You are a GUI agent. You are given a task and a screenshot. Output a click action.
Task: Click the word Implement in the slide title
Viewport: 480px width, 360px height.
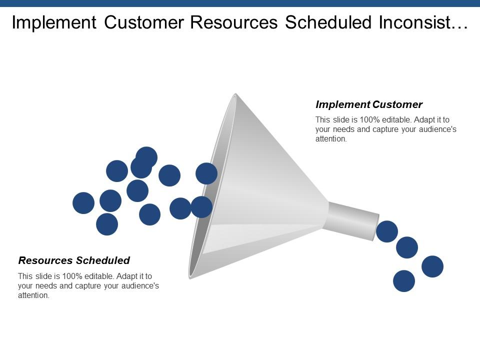(x=54, y=22)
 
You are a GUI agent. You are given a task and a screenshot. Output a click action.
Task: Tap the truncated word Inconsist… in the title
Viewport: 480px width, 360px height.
(x=423, y=22)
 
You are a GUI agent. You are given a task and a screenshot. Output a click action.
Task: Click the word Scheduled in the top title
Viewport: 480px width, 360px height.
(x=328, y=22)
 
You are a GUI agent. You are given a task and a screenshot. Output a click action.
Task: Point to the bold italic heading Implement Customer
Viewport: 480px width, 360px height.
(x=369, y=104)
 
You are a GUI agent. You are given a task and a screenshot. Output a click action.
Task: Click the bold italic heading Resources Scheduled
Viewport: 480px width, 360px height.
(x=74, y=260)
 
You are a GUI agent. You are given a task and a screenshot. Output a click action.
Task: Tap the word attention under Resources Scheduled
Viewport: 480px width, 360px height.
(x=33, y=295)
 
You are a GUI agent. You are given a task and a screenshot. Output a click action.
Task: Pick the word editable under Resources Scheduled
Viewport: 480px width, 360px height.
(x=100, y=276)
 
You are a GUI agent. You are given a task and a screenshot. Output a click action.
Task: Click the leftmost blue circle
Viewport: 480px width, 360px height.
(x=83, y=203)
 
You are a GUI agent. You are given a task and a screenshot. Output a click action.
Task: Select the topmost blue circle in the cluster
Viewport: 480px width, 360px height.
(x=146, y=157)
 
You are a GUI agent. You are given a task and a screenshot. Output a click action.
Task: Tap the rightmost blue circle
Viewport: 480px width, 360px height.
(x=432, y=266)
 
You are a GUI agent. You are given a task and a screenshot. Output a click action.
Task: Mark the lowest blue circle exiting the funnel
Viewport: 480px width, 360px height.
(x=404, y=281)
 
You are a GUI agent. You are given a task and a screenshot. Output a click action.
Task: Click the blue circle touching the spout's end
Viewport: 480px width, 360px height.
(x=387, y=231)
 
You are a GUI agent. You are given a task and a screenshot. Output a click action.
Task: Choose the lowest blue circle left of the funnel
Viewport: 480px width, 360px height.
(x=107, y=224)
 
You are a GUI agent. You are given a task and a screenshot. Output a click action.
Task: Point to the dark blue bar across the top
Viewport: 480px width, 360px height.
(x=240, y=3)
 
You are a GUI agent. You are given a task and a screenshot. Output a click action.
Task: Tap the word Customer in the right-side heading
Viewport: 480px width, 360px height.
(x=397, y=104)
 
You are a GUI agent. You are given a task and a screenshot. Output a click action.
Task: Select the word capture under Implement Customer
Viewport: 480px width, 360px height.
(x=390, y=129)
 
